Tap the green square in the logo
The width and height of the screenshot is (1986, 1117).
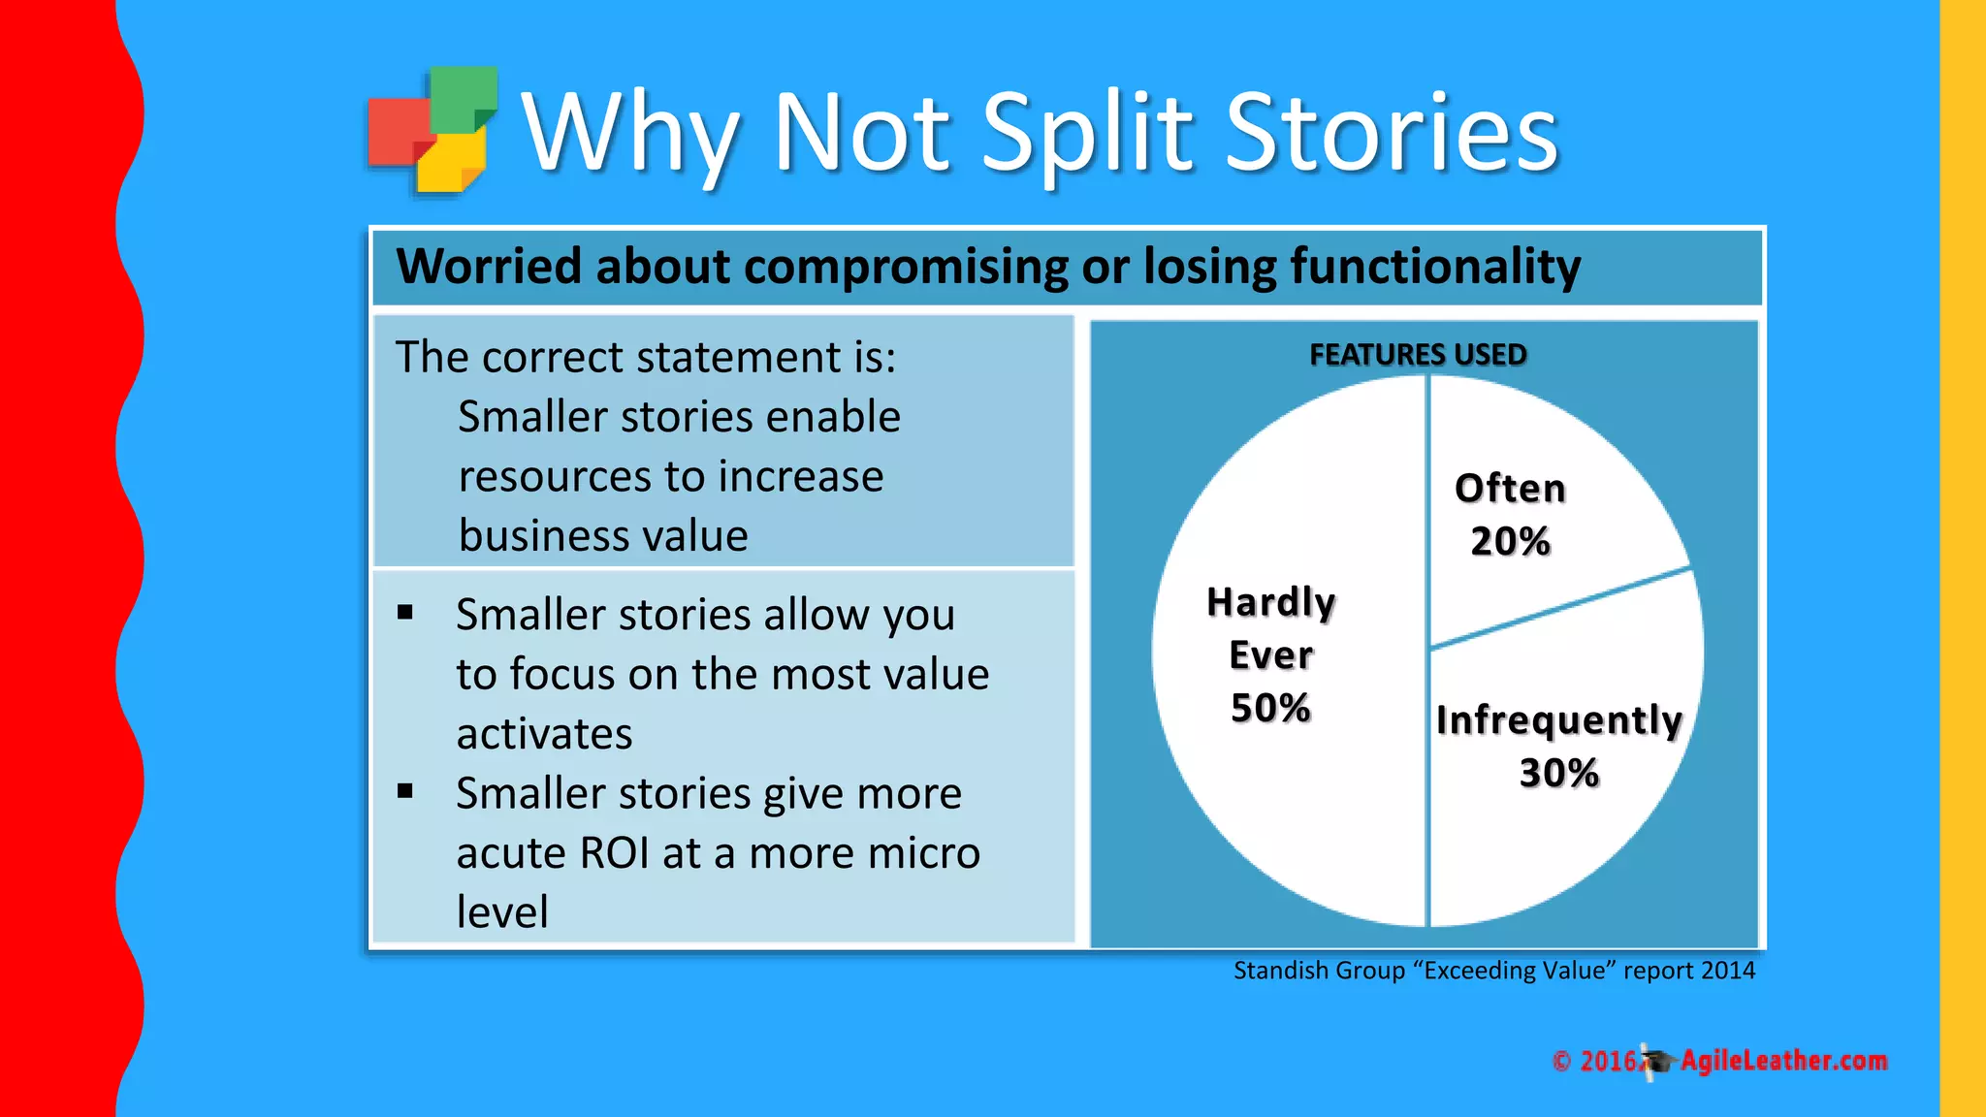tap(463, 97)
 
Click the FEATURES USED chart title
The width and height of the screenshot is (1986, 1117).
tap(1418, 355)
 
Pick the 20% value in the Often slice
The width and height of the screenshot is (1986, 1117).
tap(1510, 541)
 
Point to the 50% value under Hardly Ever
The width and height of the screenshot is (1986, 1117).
tap(1270, 708)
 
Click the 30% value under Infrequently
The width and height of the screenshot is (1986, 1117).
tap(1558, 773)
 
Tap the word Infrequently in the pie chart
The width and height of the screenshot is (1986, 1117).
tap(1558, 720)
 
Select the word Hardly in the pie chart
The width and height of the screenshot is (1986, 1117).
tap(1270, 602)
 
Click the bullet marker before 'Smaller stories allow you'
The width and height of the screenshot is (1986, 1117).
tap(405, 613)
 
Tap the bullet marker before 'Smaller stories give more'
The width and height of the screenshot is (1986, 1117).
tap(405, 791)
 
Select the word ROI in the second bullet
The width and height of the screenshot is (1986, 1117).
tap(614, 853)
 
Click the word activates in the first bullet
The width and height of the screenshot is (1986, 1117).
tap(544, 734)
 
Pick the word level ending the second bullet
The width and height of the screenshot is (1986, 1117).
tap(502, 912)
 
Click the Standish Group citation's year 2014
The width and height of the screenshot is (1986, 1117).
tap(1727, 971)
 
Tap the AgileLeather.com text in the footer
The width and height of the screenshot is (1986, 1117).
tap(1783, 1061)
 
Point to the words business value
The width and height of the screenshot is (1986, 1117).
tap(603, 536)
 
